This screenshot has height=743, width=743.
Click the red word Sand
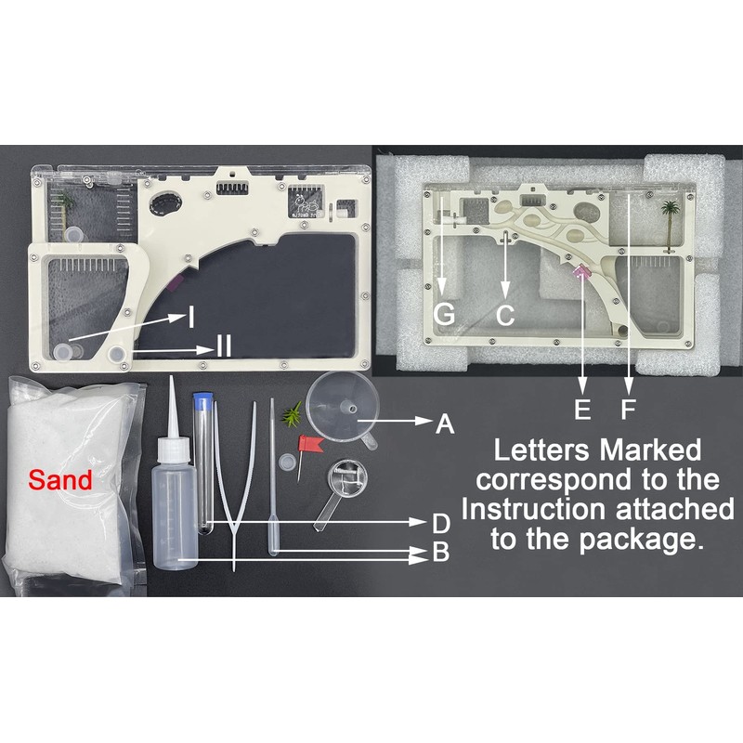point(60,480)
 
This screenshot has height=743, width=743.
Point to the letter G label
point(445,315)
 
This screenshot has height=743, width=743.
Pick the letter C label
point(504,315)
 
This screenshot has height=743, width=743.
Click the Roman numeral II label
point(223,348)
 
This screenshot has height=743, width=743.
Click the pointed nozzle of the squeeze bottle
point(175,409)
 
